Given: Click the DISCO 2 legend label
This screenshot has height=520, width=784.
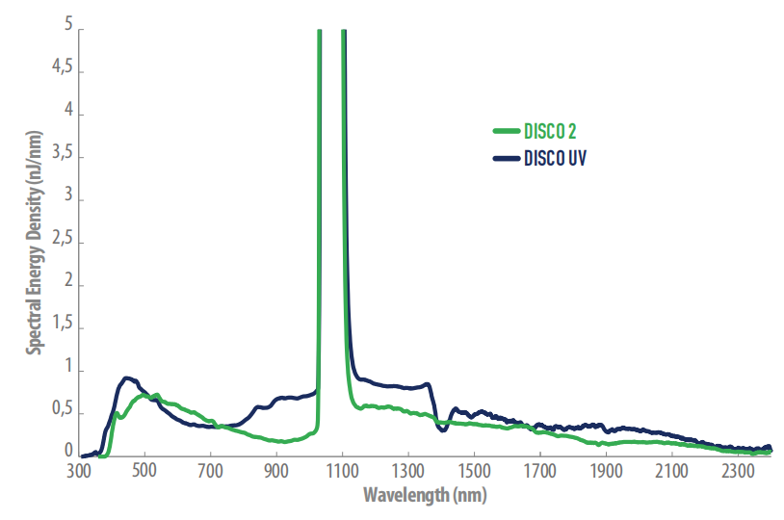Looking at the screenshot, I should (x=550, y=132).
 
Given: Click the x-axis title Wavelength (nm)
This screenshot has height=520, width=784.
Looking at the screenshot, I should (x=425, y=496).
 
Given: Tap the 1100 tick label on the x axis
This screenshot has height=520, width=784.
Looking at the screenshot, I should (x=342, y=471).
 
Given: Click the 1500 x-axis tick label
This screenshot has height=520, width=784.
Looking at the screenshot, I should (x=474, y=471).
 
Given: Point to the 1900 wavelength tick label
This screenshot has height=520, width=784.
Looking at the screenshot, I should (x=606, y=471).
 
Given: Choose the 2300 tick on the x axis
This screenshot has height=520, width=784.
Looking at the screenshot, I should (x=738, y=471).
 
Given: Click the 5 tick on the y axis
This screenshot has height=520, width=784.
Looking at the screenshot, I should (x=68, y=27).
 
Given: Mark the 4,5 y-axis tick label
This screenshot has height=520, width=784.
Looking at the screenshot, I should (x=64, y=70).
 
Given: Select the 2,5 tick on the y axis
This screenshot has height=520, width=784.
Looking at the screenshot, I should (x=64, y=243).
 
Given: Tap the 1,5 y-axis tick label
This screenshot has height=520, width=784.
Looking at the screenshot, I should (x=64, y=328).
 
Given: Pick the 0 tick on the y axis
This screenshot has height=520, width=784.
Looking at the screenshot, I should (x=68, y=450).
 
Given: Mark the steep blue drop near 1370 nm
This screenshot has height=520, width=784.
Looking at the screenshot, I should (x=431, y=404).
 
